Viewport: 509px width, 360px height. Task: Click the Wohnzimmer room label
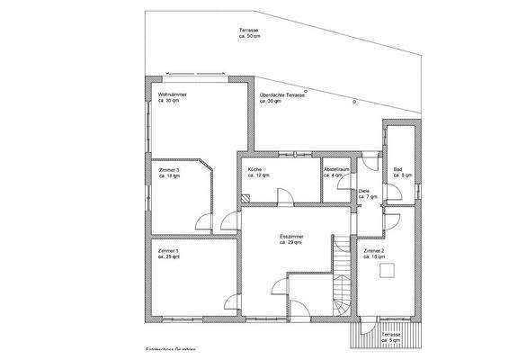tap(171, 94)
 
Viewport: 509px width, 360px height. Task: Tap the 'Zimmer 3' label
tap(168, 170)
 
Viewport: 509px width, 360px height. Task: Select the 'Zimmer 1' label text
tap(168, 250)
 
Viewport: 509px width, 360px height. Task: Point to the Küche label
tap(254, 169)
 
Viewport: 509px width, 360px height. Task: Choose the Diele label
tap(363, 191)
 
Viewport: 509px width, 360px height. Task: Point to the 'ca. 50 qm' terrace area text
tap(248, 37)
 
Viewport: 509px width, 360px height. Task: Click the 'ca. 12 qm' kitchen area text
tap(258, 175)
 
